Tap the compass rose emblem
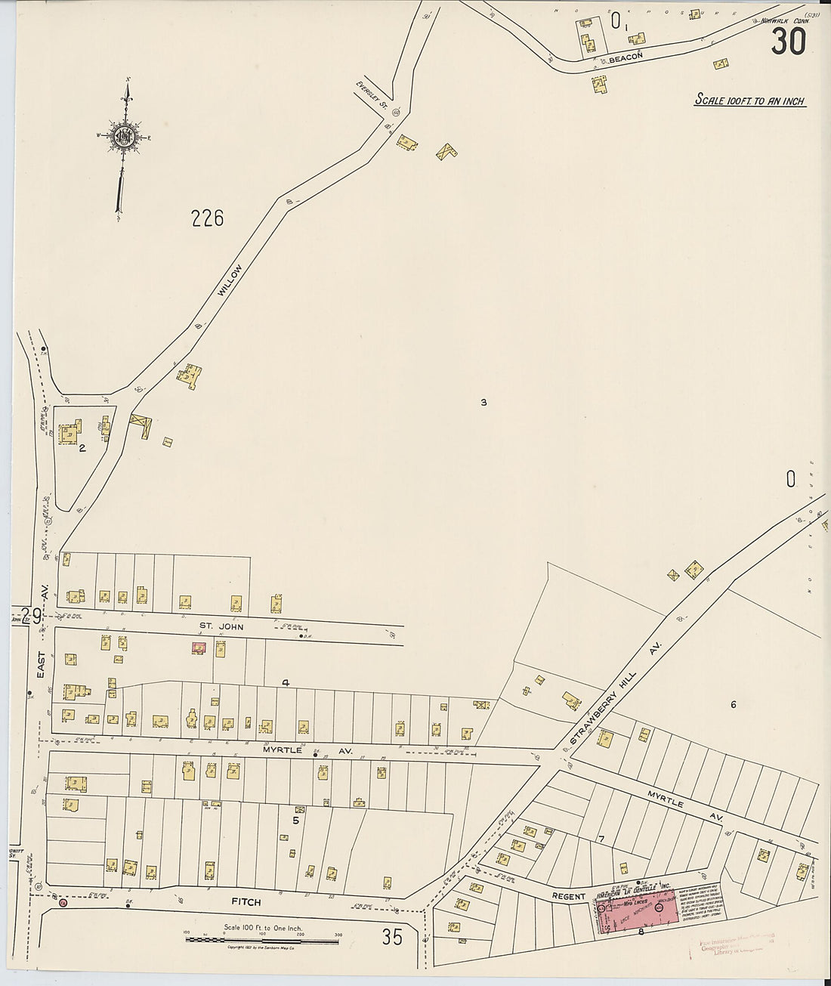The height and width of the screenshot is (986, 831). (123, 137)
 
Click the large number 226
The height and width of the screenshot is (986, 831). (208, 219)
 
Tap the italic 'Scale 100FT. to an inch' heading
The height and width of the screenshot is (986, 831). (749, 100)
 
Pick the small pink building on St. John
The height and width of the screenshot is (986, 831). (199, 648)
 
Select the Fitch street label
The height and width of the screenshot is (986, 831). (243, 902)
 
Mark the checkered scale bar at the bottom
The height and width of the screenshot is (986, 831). (261, 938)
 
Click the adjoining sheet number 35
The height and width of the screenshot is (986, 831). (392, 938)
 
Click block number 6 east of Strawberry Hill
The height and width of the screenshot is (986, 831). (733, 705)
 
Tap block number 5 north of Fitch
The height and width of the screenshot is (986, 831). (296, 820)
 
